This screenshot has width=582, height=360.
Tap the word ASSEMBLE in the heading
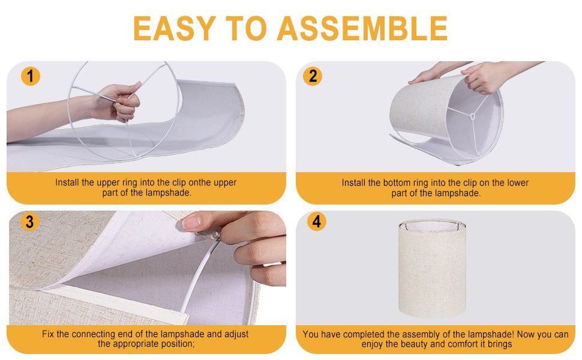click(x=362, y=29)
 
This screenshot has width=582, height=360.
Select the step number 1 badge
click(x=31, y=76)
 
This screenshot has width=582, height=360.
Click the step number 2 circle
click(x=313, y=76)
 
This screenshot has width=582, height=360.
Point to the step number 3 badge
click(x=29, y=222)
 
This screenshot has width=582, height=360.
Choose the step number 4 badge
click(x=317, y=221)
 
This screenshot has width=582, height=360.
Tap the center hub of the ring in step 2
click(x=473, y=116)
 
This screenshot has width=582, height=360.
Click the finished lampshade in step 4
click(x=432, y=268)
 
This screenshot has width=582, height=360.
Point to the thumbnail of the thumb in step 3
click(x=192, y=223)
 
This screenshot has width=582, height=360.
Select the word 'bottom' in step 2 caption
click(x=385, y=183)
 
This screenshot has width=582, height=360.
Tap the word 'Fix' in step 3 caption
click(x=48, y=334)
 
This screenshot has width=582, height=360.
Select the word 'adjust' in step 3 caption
click(x=236, y=334)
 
